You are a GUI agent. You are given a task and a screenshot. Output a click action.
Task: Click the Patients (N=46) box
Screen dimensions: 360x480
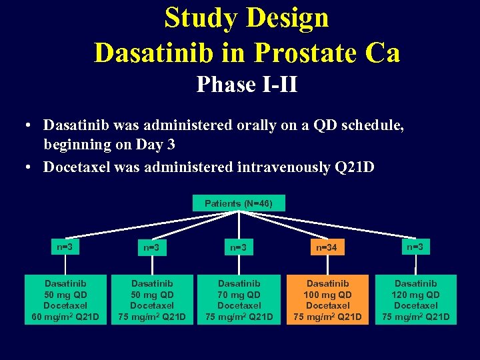238,203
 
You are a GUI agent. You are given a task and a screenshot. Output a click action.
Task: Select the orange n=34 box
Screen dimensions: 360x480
327,248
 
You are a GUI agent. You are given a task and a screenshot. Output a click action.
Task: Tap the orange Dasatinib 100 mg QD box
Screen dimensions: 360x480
327,299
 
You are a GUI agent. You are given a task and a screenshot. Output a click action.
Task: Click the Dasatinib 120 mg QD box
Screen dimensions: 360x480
416,299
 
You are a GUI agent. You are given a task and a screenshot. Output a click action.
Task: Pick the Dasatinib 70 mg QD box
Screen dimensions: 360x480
239,299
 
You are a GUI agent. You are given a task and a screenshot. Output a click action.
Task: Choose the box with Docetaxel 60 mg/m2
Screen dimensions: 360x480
65,299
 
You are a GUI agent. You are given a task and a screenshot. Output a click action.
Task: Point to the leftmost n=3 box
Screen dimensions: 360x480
65,247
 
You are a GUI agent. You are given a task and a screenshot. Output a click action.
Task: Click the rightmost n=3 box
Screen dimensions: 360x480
416,247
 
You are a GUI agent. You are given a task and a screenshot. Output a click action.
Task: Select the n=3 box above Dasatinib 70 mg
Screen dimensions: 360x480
239,248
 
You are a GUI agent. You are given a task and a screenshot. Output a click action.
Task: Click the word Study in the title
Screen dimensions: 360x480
202,18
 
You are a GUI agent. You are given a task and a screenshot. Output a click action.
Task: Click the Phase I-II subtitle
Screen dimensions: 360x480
247,85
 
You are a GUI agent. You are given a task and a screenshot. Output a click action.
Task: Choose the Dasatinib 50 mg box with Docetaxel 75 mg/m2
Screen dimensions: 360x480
151,299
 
